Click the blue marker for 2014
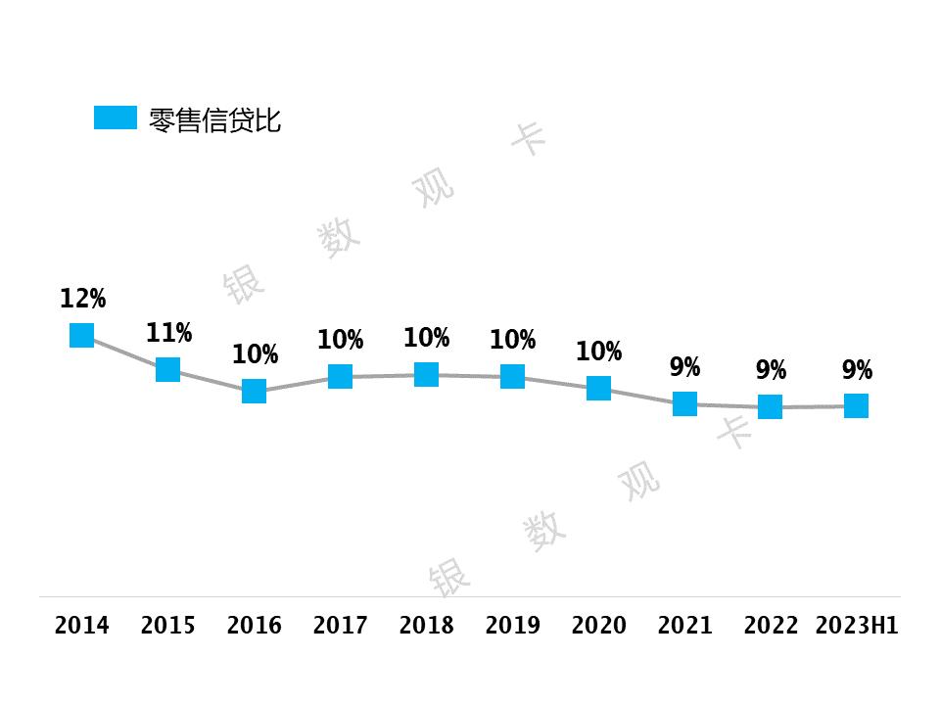pos(81,335)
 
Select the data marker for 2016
pos(254,391)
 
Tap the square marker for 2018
pos(426,374)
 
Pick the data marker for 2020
pos(598,388)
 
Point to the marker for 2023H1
pos(856,405)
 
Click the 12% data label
pos(82,299)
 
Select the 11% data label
pos(168,333)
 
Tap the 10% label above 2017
pos(340,341)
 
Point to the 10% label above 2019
pos(512,341)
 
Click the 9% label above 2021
pos(684,368)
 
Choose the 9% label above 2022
pos(771,371)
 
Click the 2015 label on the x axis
pos(168,626)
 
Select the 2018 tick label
pos(426,626)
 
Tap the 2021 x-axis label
pos(684,626)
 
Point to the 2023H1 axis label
pos(857,626)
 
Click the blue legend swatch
pos(115,117)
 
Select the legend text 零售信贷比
pos(214,120)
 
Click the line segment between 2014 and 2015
pos(124,352)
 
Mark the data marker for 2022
pos(771,406)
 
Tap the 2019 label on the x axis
pos(512,626)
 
